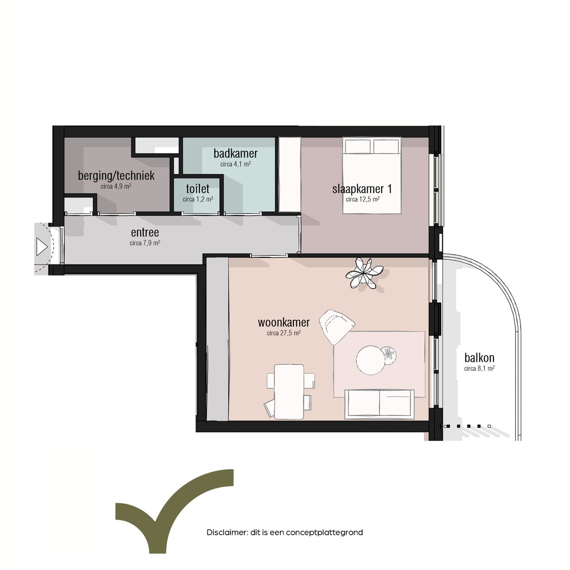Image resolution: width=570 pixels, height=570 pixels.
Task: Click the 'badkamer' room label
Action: click(x=236, y=153)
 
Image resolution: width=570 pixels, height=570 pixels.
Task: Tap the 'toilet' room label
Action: click(x=198, y=188)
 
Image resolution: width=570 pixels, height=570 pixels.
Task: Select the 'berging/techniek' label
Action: click(x=116, y=175)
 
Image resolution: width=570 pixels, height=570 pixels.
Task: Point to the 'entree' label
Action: click(x=145, y=232)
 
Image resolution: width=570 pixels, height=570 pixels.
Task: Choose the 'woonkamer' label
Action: click(x=283, y=322)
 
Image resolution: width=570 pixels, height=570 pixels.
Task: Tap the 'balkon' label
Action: click(x=479, y=358)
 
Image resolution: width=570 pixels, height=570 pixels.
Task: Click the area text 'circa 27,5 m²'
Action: click(x=283, y=333)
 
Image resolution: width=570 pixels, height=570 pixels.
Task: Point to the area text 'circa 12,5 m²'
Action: click(x=363, y=199)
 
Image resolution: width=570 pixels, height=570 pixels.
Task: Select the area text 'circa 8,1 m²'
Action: click(x=479, y=369)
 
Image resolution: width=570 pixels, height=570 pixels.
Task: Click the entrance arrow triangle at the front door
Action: click(x=41, y=247)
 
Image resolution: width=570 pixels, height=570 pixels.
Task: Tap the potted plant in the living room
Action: click(x=364, y=273)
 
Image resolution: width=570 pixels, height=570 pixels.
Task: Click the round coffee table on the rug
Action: click(x=370, y=360)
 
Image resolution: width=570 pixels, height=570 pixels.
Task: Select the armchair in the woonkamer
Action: click(x=336, y=326)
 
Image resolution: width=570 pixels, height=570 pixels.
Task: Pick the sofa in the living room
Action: click(x=379, y=404)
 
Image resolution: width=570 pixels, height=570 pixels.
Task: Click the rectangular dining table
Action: click(x=289, y=391)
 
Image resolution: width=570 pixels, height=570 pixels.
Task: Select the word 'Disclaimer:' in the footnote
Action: click(x=227, y=532)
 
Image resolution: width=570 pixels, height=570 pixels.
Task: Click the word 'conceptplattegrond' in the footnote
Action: click(x=324, y=532)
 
